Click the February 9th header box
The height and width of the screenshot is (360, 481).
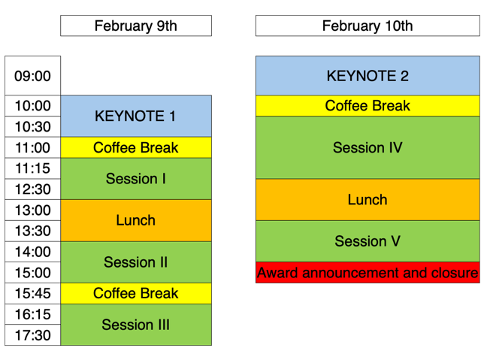pyautogui.click(x=136, y=26)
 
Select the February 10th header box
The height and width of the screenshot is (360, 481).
pyautogui.click(x=368, y=26)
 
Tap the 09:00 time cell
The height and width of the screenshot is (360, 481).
pyautogui.click(x=33, y=75)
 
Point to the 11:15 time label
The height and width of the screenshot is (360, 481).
pyautogui.click(x=33, y=168)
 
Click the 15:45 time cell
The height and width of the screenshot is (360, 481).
pyautogui.click(x=33, y=293)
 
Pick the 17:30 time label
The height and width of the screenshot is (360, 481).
pyautogui.click(x=33, y=335)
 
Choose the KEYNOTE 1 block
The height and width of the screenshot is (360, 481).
pyautogui.click(x=136, y=116)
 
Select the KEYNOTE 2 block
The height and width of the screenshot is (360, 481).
pyautogui.click(x=368, y=75)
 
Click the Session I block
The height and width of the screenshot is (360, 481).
pyautogui.click(x=136, y=179)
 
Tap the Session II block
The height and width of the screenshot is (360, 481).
pyautogui.click(x=136, y=262)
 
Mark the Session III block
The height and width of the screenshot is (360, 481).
pyautogui.click(x=136, y=325)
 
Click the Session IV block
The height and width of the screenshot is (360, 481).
pyautogui.click(x=368, y=147)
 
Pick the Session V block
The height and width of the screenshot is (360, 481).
pyautogui.click(x=368, y=241)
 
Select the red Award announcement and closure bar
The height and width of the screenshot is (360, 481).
pyautogui.click(x=368, y=273)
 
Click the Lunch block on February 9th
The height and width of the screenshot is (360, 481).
pyautogui.click(x=136, y=220)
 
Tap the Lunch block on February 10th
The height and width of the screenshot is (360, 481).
pyautogui.click(x=368, y=200)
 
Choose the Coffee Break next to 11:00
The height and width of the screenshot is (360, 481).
pyautogui.click(x=136, y=147)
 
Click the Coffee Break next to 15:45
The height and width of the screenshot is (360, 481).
pyautogui.click(x=136, y=293)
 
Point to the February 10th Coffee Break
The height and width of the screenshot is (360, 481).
pyautogui.click(x=368, y=106)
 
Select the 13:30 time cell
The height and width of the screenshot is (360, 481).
pyautogui.click(x=33, y=231)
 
